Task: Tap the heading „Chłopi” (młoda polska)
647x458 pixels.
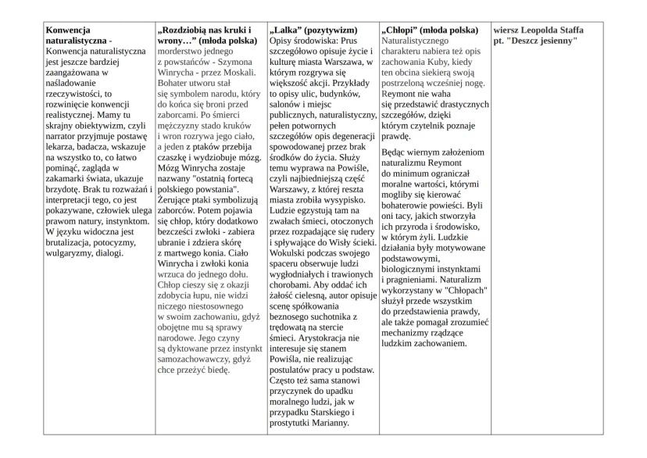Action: tap(432, 29)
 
